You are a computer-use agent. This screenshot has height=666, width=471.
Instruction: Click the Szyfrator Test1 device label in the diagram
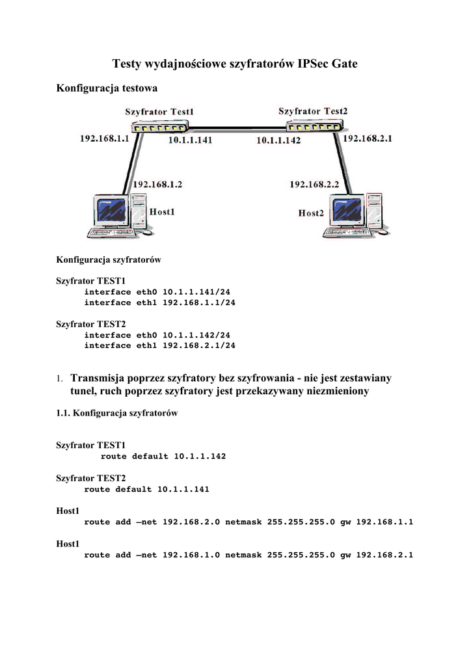pyautogui.click(x=160, y=112)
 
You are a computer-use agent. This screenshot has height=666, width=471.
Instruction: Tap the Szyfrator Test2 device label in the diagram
pyautogui.click(x=313, y=111)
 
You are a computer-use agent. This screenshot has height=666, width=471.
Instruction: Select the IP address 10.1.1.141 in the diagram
pyautogui.click(x=190, y=140)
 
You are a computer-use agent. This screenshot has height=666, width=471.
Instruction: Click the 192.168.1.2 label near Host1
pyautogui.click(x=157, y=185)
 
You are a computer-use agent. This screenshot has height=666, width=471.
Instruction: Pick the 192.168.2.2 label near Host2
pyautogui.click(x=314, y=185)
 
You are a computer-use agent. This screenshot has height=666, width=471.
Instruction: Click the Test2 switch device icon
pyautogui.click(x=314, y=126)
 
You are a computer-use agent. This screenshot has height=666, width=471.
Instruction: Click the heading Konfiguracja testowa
pyautogui.click(x=107, y=87)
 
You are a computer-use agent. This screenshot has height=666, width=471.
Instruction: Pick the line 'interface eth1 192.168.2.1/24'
pyautogui.click(x=159, y=345)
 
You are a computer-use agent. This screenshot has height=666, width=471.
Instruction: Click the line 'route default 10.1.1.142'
pyautogui.click(x=163, y=456)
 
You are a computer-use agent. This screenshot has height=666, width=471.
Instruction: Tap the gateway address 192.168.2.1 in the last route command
pyautogui.click(x=384, y=555)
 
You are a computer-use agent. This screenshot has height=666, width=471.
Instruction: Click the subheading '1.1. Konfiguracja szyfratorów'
pyautogui.click(x=117, y=413)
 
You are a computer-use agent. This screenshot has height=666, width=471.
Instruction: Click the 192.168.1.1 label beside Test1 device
pyautogui.click(x=104, y=139)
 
